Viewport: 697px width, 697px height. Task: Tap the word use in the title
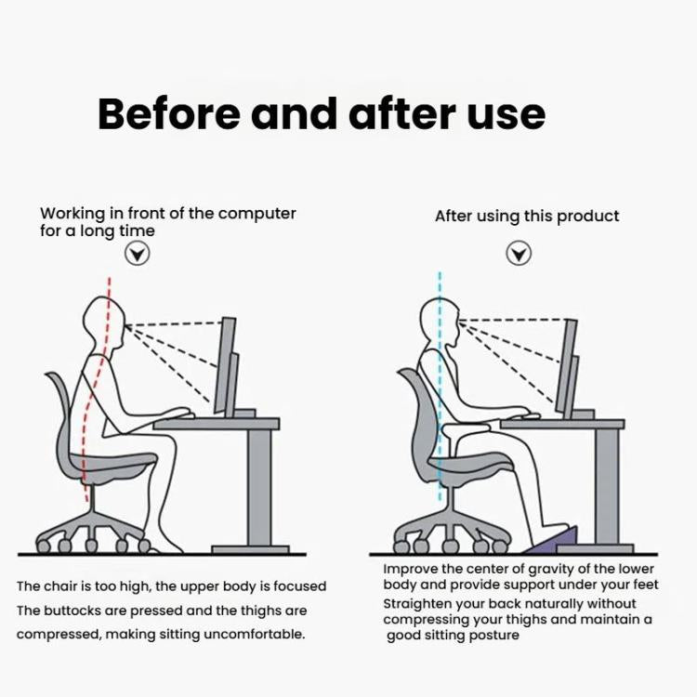click(x=507, y=114)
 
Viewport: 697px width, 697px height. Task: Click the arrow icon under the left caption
click(x=138, y=253)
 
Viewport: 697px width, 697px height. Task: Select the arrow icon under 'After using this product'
click(x=519, y=253)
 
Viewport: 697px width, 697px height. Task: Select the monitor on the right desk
click(x=567, y=367)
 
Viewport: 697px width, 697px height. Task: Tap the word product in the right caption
click(x=589, y=217)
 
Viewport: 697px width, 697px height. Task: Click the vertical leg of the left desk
click(x=257, y=488)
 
